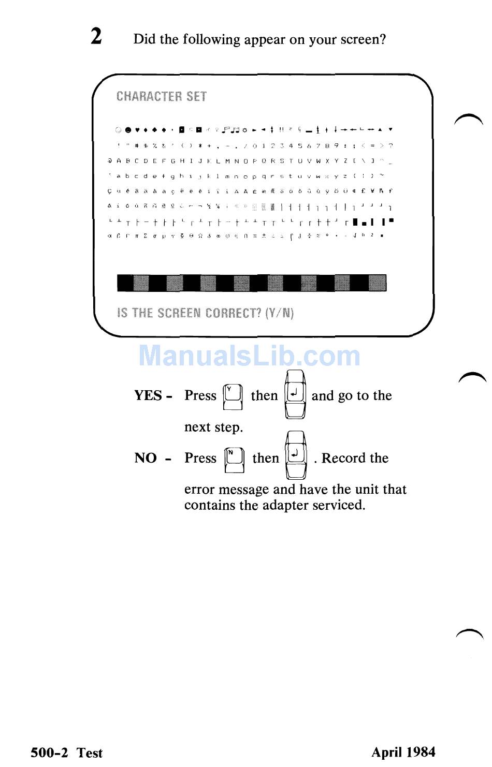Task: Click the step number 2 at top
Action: click(x=96, y=37)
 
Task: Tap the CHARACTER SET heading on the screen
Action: click(x=162, y=97)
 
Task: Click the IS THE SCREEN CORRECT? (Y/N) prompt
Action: click(x=206, y=313)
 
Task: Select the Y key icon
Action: click(x=233, y=397)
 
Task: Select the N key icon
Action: click(x=234, y=459)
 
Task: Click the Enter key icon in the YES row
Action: click(x=295, y=395)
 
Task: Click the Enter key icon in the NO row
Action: click(x=296, y=456)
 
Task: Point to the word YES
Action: click(x=149, y=396)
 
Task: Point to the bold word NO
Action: click(x=146, y=458)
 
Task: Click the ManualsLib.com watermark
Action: click(x=250, y=356)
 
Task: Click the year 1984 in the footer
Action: click(x=420, y=752)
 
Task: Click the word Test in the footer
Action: click(x=90, y=753)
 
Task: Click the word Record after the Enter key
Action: click(x=344, y=458)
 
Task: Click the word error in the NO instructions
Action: click(x=200, y=490)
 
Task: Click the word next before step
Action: click(x=197, y=427)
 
